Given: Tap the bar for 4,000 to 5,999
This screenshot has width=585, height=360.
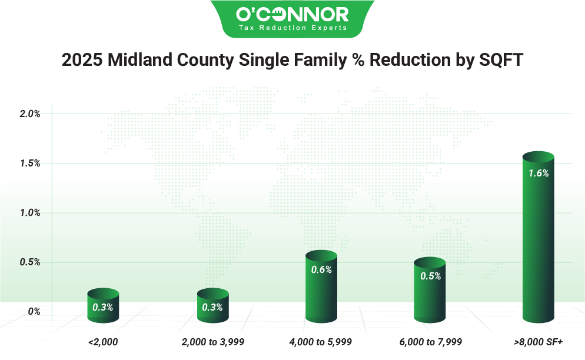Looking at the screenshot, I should point(321,288).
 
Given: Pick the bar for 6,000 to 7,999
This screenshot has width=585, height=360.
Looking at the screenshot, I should point(431,291).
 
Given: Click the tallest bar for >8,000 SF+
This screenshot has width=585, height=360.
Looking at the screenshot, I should point(538,241).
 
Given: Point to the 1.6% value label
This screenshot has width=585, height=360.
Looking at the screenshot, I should point(539,174).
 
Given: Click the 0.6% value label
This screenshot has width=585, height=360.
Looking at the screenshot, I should point(322,270).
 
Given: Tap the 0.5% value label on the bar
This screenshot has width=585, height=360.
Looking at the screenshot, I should point(431,276).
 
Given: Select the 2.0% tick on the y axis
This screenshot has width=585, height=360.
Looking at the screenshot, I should point(29,114).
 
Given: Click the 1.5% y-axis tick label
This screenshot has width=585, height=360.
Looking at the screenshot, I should point(29,164).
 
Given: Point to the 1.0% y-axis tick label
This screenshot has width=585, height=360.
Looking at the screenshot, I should point(29,213).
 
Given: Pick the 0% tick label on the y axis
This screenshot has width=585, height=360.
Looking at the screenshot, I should point(34,312).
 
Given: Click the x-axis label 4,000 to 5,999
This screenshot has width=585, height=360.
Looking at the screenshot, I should point(321,342).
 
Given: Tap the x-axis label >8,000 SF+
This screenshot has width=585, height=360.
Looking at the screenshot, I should point(539,342).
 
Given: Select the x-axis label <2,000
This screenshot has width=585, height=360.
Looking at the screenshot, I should point(103,342).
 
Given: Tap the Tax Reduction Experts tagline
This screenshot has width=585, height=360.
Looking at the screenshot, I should point(292,28).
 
